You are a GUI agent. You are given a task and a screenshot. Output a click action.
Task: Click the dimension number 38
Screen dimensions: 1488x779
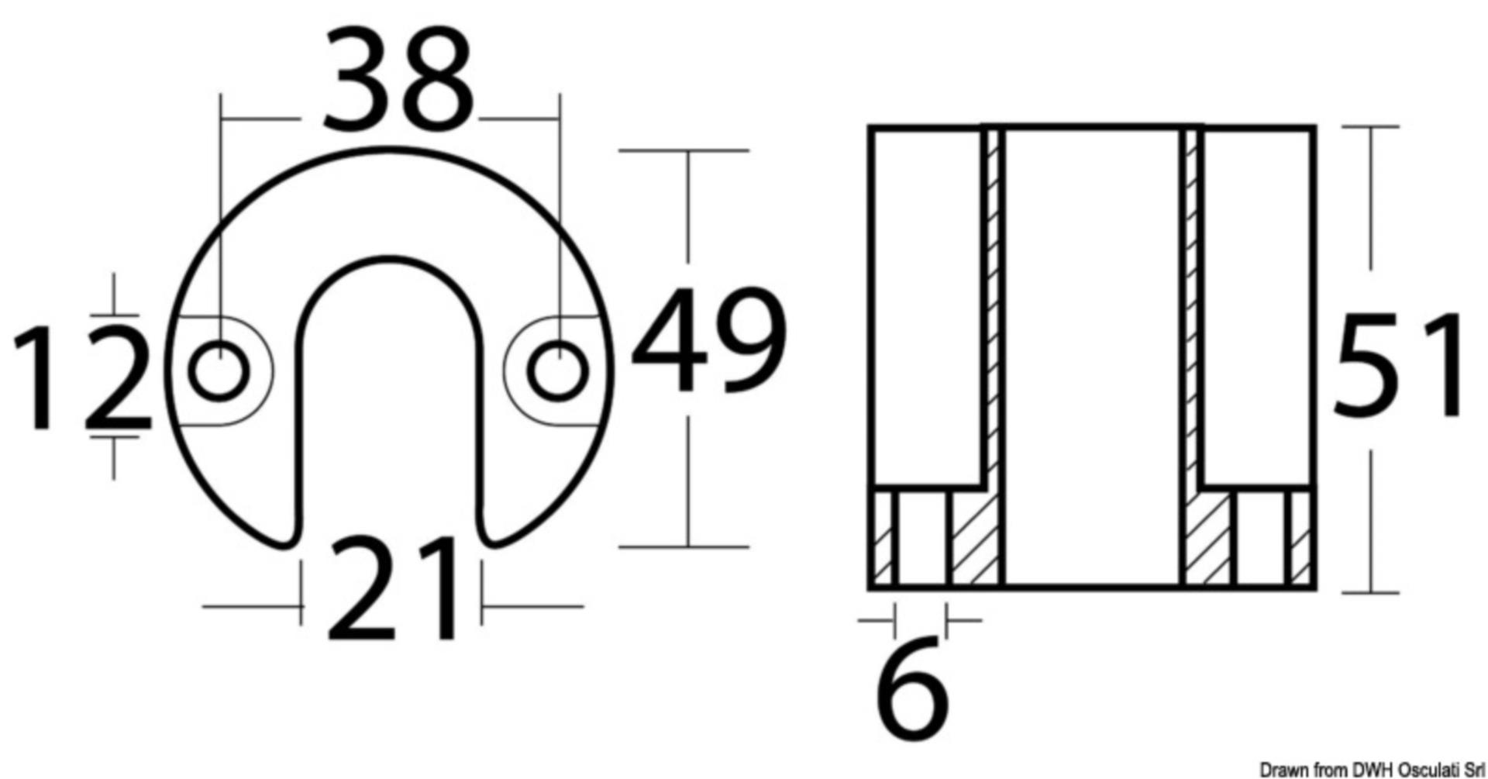(x=397, y=80)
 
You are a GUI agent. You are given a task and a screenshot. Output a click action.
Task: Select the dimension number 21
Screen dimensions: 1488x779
(x=393, y=590)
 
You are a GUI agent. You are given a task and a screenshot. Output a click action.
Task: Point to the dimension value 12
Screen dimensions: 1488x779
(x=81, y=377)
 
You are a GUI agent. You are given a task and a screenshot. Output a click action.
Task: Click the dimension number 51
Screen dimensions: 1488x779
(x=1398, y=366)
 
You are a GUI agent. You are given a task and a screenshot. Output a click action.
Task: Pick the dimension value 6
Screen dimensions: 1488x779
(x=912, y=688)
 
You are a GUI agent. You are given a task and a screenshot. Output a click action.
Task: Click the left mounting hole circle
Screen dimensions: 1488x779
(x=219, y=371)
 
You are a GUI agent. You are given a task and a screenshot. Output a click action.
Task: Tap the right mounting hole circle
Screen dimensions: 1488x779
(x=558, y=371)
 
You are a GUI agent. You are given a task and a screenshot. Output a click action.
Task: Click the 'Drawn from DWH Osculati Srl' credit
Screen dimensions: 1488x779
(x=1372, y=769)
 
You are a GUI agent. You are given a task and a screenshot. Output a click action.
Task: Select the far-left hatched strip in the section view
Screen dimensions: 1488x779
(x=883, y=539)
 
